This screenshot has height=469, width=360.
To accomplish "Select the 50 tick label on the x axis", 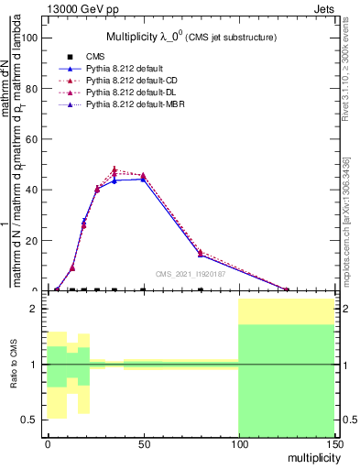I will pos(143,443).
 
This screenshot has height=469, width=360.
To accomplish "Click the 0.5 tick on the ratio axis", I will pos(29,420).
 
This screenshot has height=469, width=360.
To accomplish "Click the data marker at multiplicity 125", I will pos(287,289).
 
